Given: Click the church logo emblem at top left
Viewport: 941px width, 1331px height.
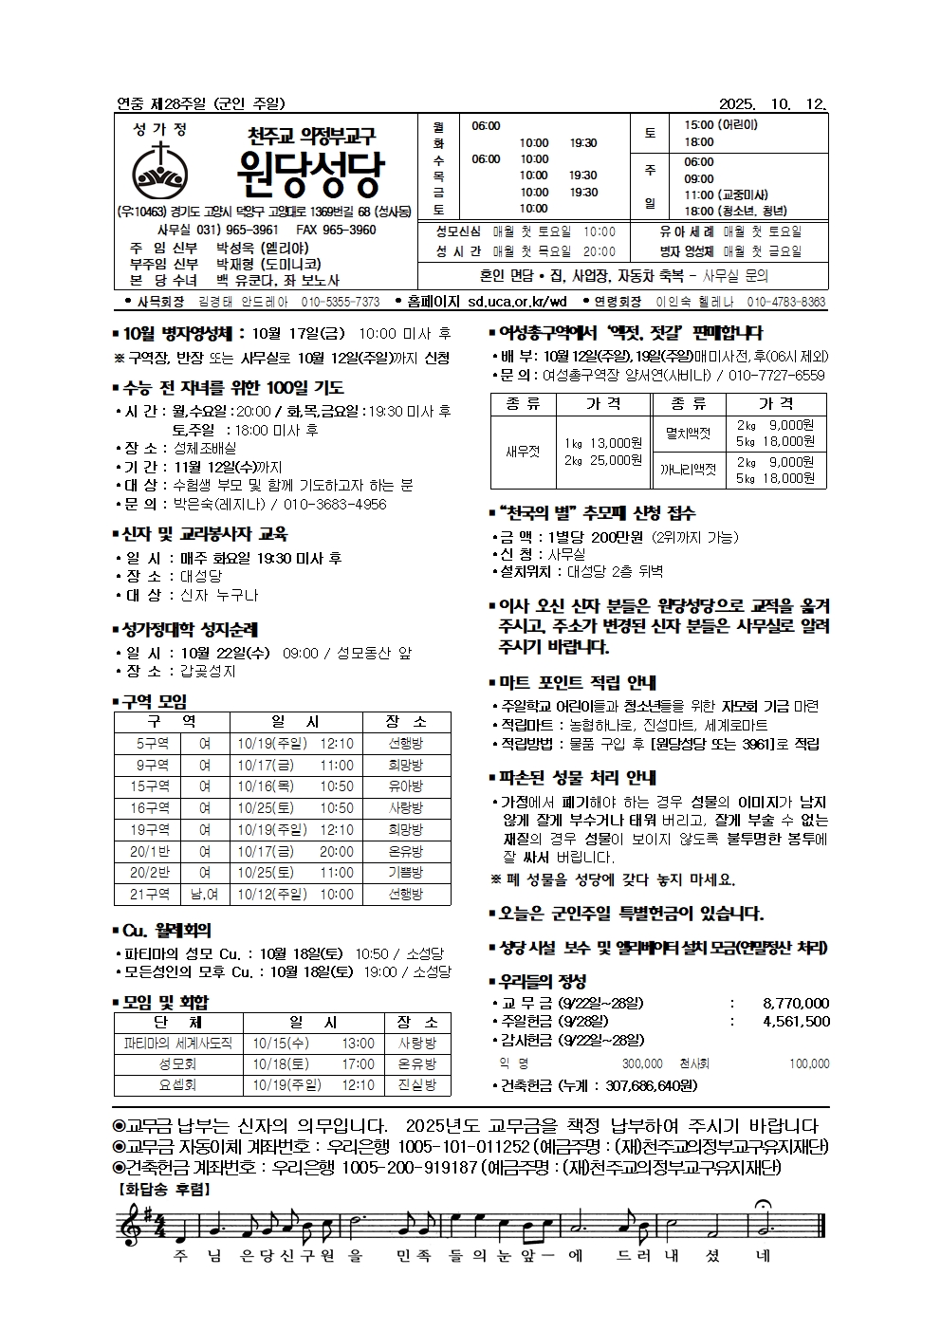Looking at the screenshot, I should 161,170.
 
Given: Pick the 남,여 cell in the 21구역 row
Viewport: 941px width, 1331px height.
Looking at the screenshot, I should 204,894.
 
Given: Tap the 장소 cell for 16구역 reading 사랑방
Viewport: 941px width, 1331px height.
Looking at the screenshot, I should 406,808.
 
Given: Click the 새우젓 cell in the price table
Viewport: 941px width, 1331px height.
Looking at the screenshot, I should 523,452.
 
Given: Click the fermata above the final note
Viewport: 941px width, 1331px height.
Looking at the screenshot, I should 762,1207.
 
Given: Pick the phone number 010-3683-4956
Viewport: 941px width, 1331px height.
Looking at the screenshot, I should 328,505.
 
